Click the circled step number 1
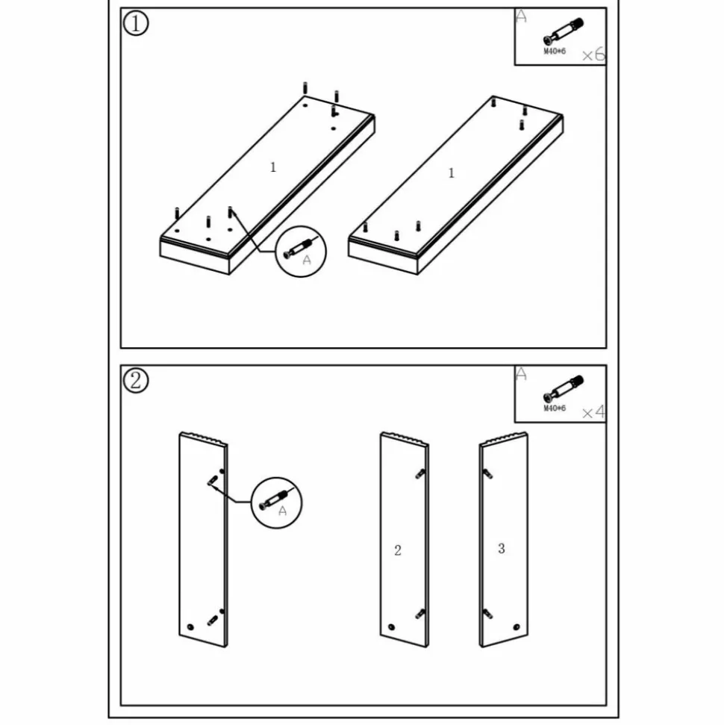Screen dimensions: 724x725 pyautogui.click(x=135, y=23)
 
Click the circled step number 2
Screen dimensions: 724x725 pyautogui.click(x=135, y=381)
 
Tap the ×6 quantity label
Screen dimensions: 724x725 pyautogui.click(x=593, y=55)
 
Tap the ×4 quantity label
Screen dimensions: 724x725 pyautogui.click(x=593, y=411)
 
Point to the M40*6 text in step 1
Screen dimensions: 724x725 pyautogui.click(x=555, y=51)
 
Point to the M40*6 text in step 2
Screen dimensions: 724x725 pyautogui.click(x=555, y=408)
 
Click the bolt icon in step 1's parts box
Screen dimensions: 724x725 pyautogui.click(x=563, y=32)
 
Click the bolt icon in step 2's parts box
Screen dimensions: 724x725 pyautogui.click(x=563, y=389)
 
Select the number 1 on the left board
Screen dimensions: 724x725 pyautogui.click(x=272, y=167)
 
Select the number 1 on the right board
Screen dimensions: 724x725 pyautogui.click(x=452, y=173)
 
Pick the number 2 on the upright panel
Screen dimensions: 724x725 pyautogui.click(x=398, y=550)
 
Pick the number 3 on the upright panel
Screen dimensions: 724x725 pyautogui.click(x=501, y=548)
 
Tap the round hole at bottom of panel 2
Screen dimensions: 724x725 pyautogui.click(x=392, y=627)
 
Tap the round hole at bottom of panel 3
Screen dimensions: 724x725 pyautogui.click(x=517, y=627)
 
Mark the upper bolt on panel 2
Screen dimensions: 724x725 pyautogui.click(x=420, y=473)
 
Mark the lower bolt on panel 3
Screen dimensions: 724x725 pyautogui.click(x=487, y=614)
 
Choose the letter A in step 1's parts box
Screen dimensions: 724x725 pyautogui.click(x=521, y=16)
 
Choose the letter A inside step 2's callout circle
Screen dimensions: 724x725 pyautogui.click(x=282, y=511)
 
